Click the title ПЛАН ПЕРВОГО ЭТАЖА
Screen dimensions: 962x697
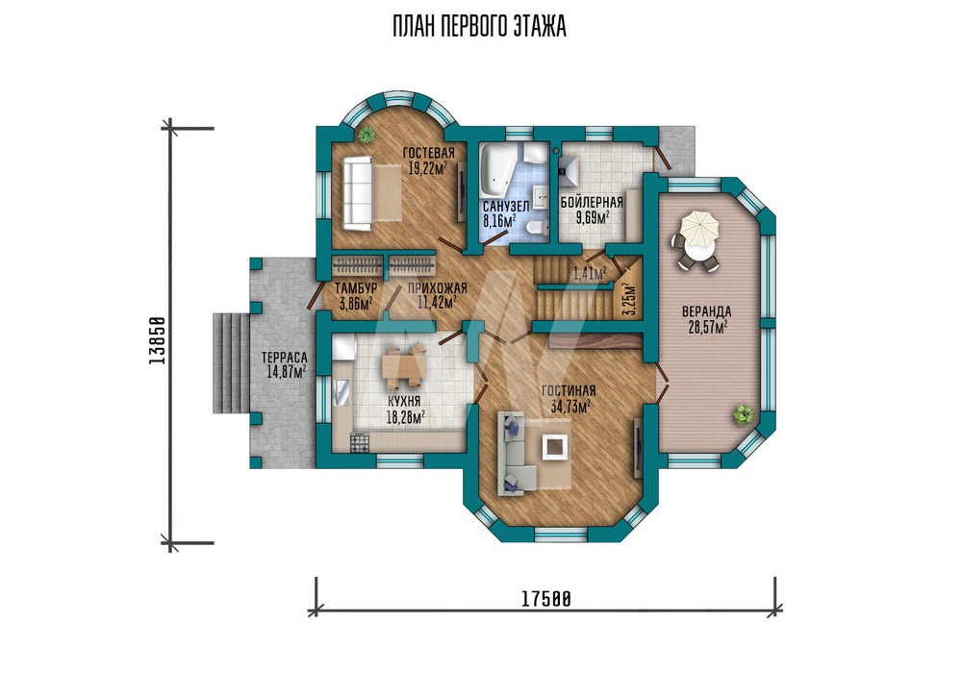pyautogui.click(x=479, y=27)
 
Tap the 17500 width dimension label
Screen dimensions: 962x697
pyautogui.click(x=546, y=598)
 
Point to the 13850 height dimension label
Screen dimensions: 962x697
pyautogui.click(x=158, y=341)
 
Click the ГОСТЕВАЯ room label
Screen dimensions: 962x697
pyautogui.click(x=428, y=153)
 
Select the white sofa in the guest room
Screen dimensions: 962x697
pyautogui.click(x=357, y=193)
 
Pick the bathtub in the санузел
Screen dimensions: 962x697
pyautogui.click(x=495, y=168)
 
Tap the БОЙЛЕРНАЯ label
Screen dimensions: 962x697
pyautogui.click(x=592, y=202)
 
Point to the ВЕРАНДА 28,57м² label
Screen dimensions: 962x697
pyautogui.click(x=707, y=319)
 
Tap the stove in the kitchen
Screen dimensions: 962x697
pyautogui.click(x=360, y=442)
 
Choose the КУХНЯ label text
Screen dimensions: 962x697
pyautogui.click(x=404, y=402)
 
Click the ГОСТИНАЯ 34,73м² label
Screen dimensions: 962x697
pyautogui.click(x=569, y=398)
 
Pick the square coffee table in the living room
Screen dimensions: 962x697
pyautogui.click(x=555, y=447)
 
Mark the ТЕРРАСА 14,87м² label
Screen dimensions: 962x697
pyautogui.click(x=284, y=364)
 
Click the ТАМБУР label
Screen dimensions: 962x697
pyautogui.click(x=356, y=288)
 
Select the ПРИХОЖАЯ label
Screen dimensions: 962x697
pyautogui.click(x=437, y=288)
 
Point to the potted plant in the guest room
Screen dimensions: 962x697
pyautogui.click(x=367, y=135)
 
